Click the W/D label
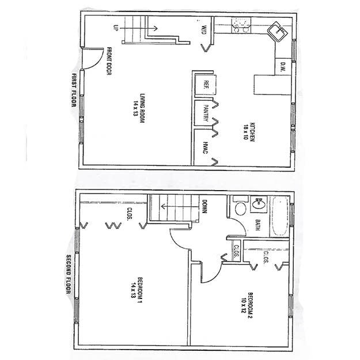(204, 29)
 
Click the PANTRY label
(205, 112)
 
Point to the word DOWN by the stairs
(204, 206)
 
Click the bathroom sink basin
(259, 204)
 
